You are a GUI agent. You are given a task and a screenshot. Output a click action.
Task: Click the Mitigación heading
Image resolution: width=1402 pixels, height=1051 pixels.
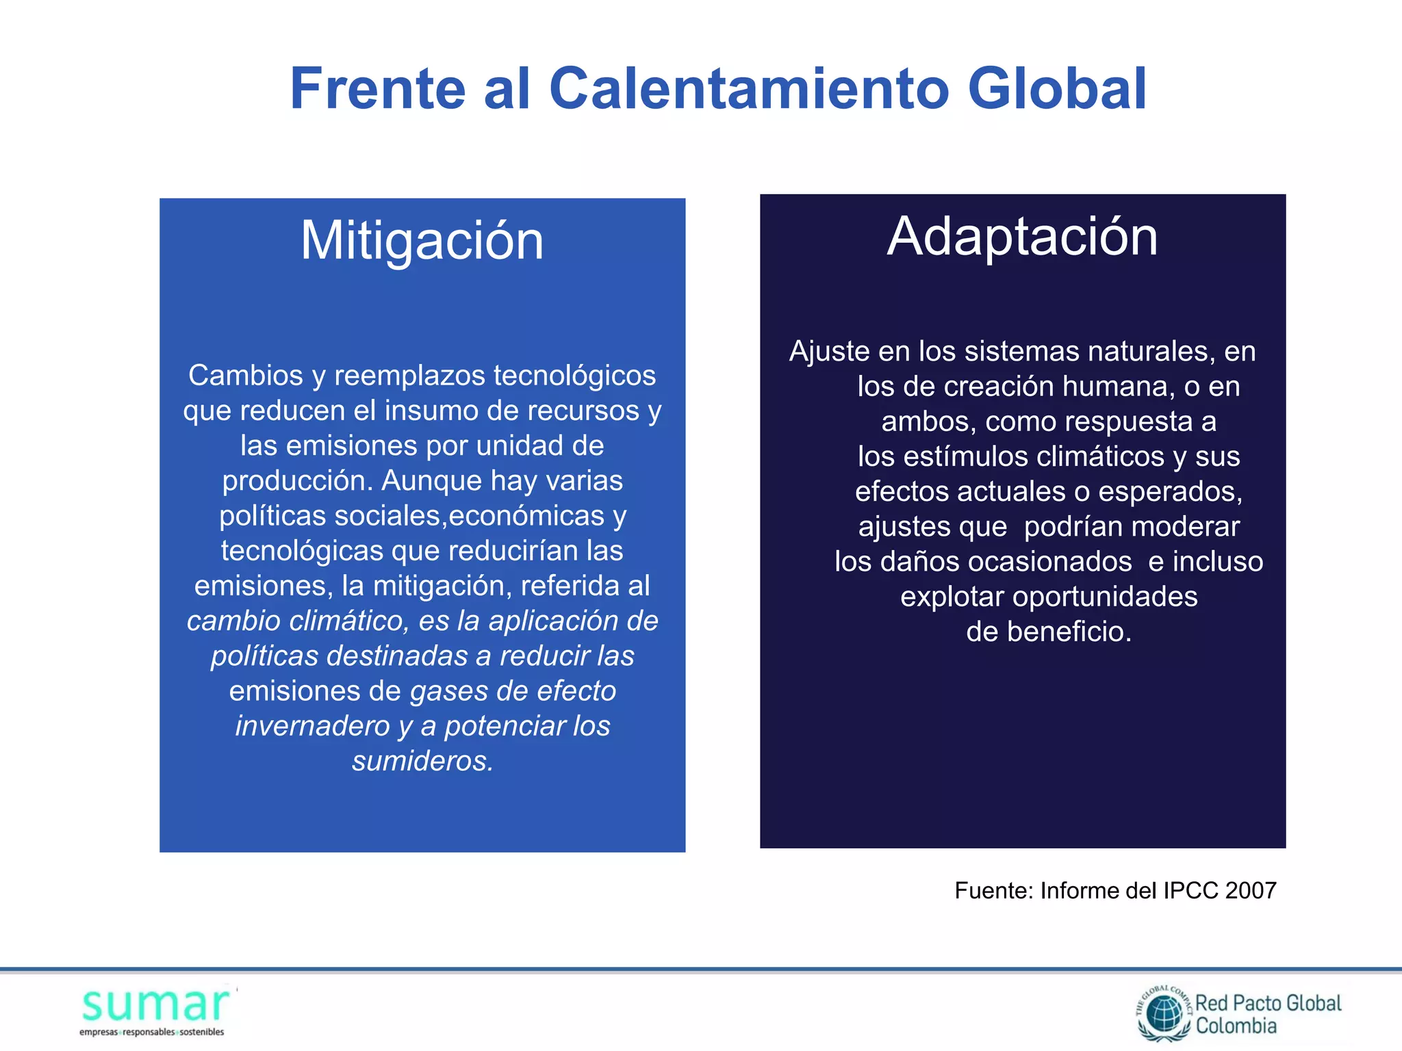pos(422,241)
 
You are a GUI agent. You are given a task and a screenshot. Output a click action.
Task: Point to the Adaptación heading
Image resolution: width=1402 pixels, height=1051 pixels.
pos(1022,236)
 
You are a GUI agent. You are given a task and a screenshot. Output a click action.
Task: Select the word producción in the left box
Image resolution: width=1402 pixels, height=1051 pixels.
pos(297,480)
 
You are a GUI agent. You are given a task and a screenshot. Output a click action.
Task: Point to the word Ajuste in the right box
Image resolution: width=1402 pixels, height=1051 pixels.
pos(829,351)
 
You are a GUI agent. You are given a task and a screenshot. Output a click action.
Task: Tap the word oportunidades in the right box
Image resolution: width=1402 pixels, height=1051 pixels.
pos(1105,597)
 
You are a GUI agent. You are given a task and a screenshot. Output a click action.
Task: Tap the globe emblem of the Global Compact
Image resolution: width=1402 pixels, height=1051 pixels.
pos(1164,1014)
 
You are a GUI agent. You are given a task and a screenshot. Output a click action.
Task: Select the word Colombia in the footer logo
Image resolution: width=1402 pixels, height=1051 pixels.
pos(1236,1026)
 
